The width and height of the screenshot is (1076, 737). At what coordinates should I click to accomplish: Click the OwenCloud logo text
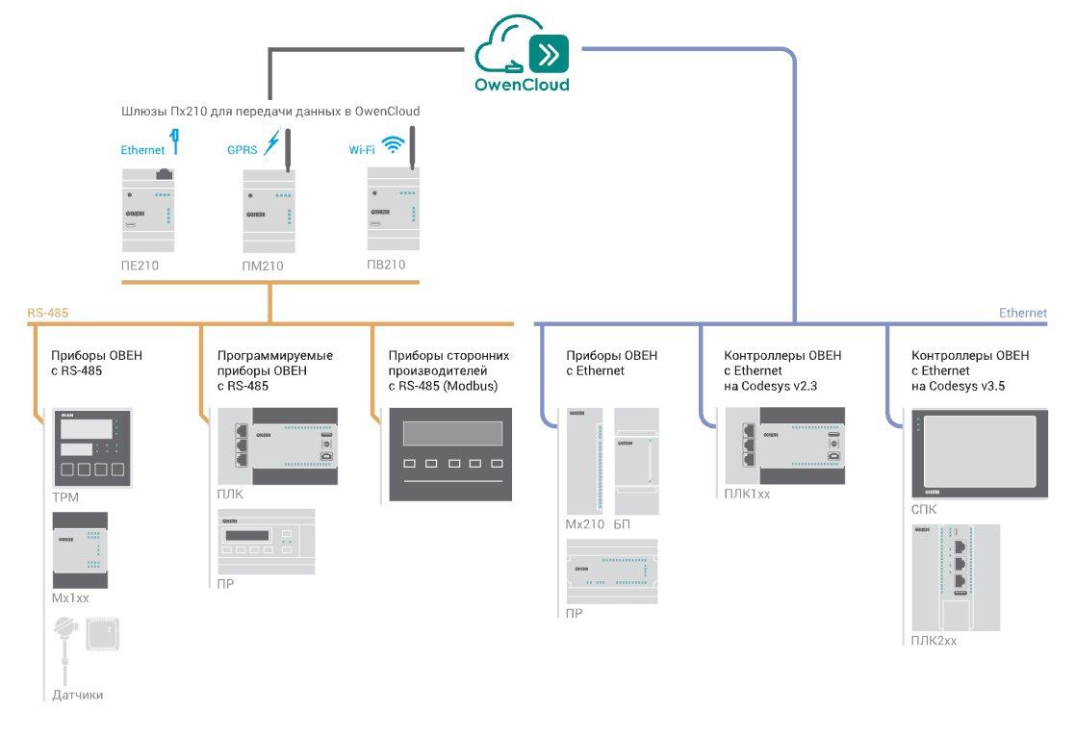coord(522,85)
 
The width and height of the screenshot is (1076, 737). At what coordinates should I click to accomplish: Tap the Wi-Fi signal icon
coord(394,144)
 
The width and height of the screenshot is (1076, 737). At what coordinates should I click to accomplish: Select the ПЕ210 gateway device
coord(148,210)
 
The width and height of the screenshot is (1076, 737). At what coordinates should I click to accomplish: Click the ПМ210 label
coord(262,266)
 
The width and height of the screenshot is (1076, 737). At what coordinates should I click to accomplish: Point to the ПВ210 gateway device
coord(394,209)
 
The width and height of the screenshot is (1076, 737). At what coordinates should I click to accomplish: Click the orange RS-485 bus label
coord(48,313)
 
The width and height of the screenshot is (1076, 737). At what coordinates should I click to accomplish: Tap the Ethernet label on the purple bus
coord(1022,313)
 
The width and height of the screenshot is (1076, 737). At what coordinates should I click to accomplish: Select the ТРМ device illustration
coord(92,447)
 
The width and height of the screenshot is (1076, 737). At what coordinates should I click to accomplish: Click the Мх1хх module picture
coord(80,549)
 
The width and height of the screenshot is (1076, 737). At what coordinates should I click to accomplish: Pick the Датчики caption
coord(78,695)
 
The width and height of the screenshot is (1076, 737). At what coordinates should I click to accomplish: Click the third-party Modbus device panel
coord(450,454)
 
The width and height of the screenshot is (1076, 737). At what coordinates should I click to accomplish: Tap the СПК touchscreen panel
coord(979,453)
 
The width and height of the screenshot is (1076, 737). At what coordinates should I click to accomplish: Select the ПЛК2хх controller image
coord(956,578)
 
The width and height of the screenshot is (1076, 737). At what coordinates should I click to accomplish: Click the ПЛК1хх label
coord(747,495)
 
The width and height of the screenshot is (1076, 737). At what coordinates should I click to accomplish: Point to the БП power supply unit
coord(636,461)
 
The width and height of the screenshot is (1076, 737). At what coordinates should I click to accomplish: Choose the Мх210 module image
coord(584,461)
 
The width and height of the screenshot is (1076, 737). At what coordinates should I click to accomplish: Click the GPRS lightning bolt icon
coord(272,142)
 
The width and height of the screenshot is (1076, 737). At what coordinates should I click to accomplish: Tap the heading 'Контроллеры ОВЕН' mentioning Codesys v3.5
coord(969,355)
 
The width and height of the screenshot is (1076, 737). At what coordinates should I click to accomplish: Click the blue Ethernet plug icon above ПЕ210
coord(175,141)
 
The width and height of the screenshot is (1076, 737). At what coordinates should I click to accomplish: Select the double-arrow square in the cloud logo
coord(549,54)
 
